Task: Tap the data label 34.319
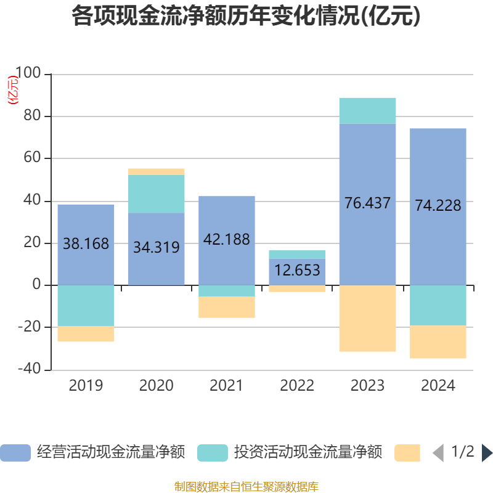point(157,248)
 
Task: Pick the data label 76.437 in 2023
point(368,203)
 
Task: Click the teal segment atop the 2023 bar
point(368,110)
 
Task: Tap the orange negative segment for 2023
point(368,319)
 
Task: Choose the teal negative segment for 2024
point(438,305)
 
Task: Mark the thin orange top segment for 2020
point(157,171)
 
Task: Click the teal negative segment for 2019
point(86,306)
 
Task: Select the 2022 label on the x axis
point(297,386)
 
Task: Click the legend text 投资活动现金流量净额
point(308,452)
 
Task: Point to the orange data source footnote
point(246,486)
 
